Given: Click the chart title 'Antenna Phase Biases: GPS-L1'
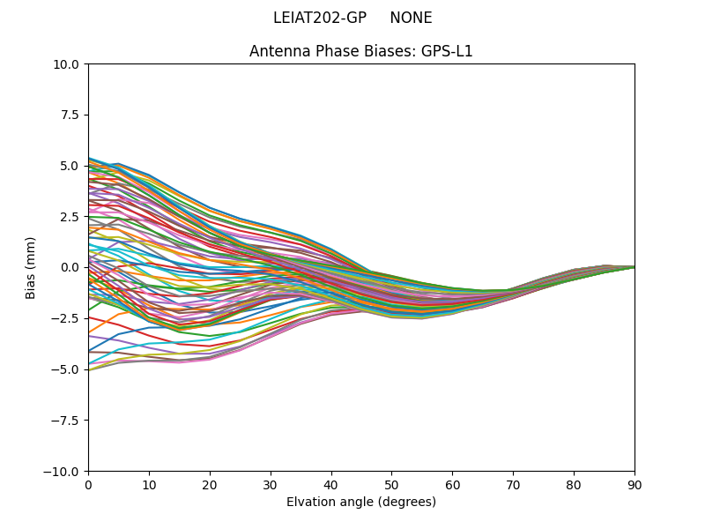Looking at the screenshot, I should [x=361, y=51].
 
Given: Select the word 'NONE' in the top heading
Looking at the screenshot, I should [x=411, y=18].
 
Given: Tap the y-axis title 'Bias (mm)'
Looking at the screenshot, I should [x=31, y=267].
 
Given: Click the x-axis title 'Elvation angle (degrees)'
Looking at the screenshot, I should [x=361, y=502].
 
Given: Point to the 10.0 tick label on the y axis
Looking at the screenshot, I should [x=67, y=64].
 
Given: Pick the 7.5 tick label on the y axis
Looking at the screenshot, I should [x=70, y=115].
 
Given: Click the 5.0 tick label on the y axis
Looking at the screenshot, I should [x=70, y=166].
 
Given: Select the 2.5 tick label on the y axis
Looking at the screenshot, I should [x=70, y=217].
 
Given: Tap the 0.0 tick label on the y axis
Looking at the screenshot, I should [x=70, y=267].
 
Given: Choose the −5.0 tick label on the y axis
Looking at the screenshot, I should [x=66, y=369].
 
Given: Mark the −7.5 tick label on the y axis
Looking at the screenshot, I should [x=66, y=421].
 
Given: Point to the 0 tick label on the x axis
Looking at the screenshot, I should [x=88, y=484].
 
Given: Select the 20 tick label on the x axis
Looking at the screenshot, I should [x=210, y=484].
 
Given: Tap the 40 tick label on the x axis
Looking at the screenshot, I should [x=331, y=484].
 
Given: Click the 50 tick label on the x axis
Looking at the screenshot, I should [x=391, y=484].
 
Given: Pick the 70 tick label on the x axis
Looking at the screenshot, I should [x=513, y=484].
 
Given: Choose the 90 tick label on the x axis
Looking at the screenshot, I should [x=634, y=484].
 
